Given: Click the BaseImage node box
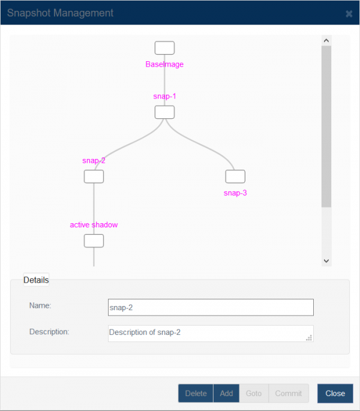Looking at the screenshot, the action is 164,48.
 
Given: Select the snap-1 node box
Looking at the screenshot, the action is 164,112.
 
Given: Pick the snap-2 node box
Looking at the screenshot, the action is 94,176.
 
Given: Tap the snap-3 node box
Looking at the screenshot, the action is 235,176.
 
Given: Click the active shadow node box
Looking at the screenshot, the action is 94,241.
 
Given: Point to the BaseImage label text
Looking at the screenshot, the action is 164,64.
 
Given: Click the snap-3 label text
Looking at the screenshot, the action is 235,193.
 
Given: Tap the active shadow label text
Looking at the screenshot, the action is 94,225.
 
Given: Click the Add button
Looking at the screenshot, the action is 226,393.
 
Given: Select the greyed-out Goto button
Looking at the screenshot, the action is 254,393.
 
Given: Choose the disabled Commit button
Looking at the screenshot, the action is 289,393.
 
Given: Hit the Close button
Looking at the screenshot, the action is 335,393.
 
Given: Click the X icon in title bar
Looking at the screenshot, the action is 349,14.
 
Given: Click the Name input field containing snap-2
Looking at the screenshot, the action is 211,307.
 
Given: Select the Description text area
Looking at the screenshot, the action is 211,334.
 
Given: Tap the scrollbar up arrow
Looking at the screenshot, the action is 326,41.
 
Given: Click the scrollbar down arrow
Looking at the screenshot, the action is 326,261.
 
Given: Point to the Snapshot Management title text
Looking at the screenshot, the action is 61,13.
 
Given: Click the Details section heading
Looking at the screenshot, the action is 36,280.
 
